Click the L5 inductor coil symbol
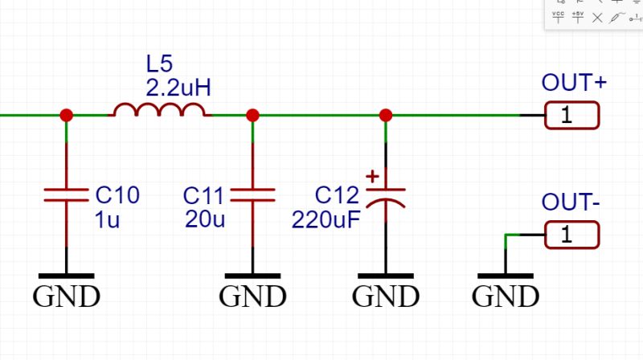pos(159,110)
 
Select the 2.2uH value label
pos(178,88)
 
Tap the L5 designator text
pos(159,63)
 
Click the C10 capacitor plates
pos(66,194)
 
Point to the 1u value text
pos(108,219)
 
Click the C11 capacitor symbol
pos(252,194)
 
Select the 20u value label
pos(205,219)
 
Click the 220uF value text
pos(326,219)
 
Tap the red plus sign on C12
pos(372,176)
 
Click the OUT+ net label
pos(574,83)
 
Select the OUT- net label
pos(571,202)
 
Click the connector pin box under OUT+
pos(571,116)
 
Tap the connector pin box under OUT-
pos(571,235)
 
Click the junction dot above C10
pos(66,116)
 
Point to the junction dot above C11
pos(252,116)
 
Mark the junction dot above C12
pos(386,116)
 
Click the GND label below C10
pos(66,297)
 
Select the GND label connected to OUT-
pos(505,297)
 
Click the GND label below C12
pos(386,297)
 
